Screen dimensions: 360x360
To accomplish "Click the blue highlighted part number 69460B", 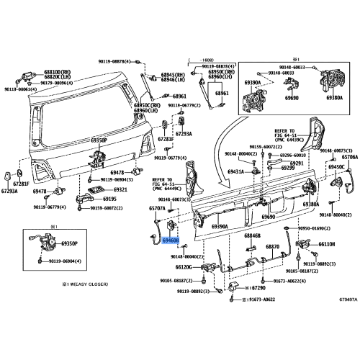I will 171,242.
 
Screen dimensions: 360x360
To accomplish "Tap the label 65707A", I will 158,208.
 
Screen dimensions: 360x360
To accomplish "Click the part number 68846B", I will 253,235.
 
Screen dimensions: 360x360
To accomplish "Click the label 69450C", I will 338,167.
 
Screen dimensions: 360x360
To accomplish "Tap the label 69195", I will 109,199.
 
